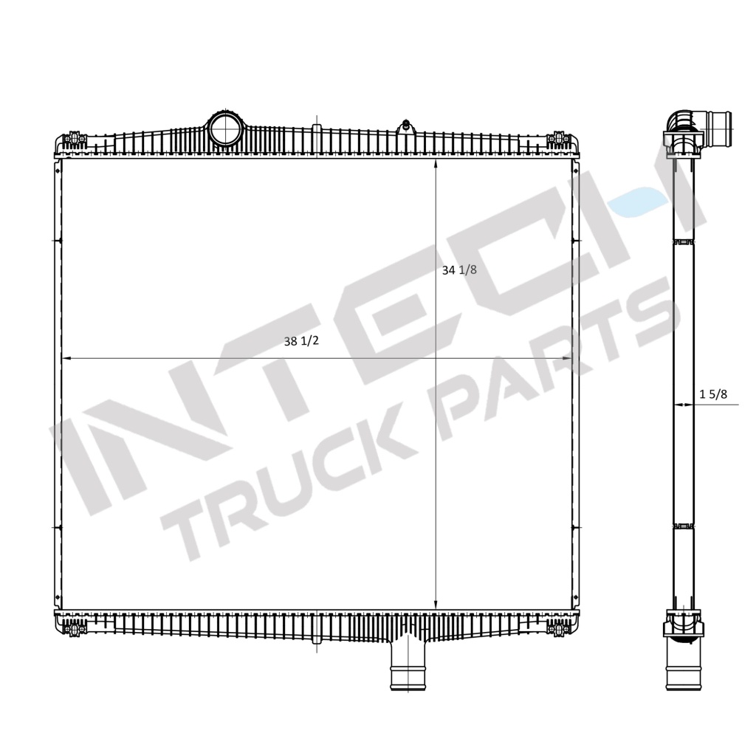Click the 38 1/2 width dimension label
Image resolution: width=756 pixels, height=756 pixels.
(x=300, y=341)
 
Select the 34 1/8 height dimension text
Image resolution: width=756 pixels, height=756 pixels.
(x=459, y=270)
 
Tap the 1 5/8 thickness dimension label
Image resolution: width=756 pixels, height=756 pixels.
(x=713, y=394)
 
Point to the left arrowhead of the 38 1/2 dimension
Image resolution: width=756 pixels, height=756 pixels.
(x=65, y=358)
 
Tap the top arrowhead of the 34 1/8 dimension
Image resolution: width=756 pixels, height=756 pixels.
(x=436, y=163)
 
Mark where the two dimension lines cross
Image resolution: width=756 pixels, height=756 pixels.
(x=436, y=358)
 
